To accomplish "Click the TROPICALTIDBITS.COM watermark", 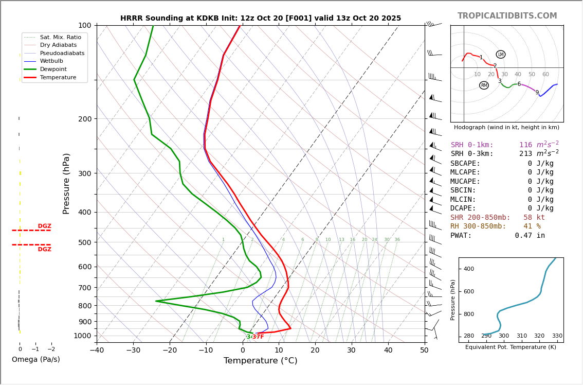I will tap(507, 16).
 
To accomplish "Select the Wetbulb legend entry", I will tap(51, 61).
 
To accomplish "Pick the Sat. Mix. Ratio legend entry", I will tap(60, 37).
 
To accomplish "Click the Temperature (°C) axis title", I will tap(260, 361).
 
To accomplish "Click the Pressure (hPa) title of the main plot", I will tap(66, 183).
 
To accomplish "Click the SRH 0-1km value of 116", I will tap(525, 145).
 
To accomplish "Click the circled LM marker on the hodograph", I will tap(501, 55).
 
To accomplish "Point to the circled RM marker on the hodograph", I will tap(484, 85).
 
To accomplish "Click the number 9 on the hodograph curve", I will tap(537, 93).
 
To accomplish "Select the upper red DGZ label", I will tap(44, 226).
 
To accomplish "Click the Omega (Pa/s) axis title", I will tap(35, 359).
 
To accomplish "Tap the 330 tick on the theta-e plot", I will tap(557, 336).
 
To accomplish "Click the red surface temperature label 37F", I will tap(258, 337).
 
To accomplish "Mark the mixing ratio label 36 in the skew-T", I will tap(397, 240).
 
